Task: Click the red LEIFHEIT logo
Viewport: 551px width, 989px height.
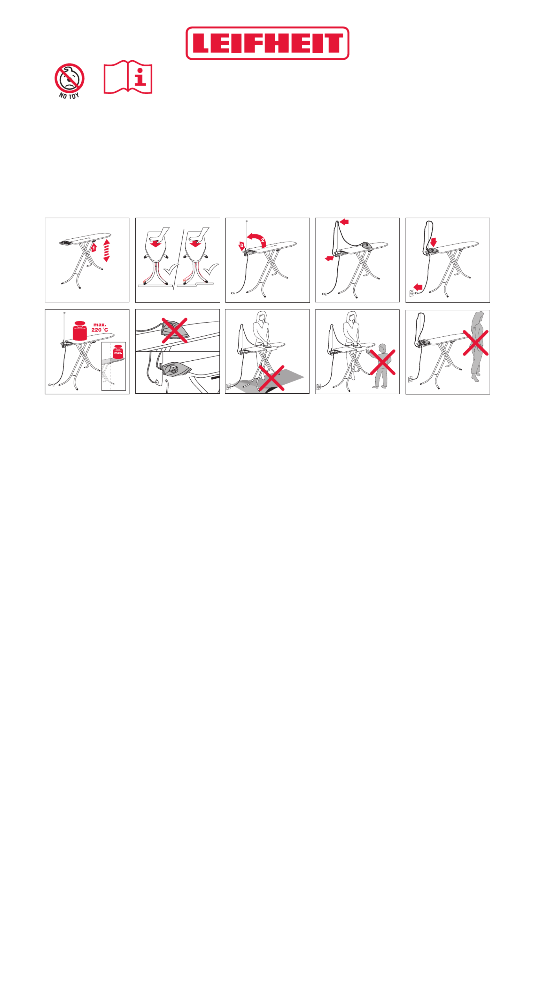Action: point(267,43)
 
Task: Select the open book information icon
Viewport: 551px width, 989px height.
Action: point(128,77)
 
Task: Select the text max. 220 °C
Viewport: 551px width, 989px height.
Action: point(100,327)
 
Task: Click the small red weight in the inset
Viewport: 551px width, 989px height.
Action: point(118,352)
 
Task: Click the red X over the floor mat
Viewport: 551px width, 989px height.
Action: point(271,378)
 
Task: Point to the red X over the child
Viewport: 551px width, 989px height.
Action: point(382,362)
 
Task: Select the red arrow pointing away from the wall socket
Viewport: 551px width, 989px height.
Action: point(418,287)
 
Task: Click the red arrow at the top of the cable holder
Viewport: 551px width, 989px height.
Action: point(344,221)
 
